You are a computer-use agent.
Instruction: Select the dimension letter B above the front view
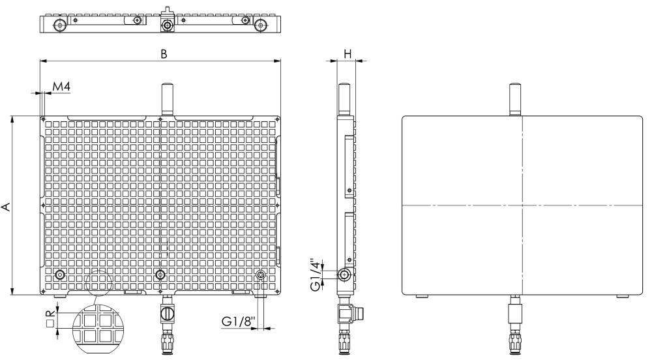click(x=164, y=54)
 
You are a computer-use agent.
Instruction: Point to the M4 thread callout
click(x=61, y=87)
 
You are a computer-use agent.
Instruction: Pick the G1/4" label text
click(x=316, y=275)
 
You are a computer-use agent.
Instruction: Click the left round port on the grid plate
click(x=60, y=275)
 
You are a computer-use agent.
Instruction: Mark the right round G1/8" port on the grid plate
click(x=261, y=275)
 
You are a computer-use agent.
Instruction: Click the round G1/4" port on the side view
click(x=343, y=275)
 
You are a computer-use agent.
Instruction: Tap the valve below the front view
click(x=168, y=314)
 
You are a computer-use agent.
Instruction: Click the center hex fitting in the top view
click(x=168, y=25)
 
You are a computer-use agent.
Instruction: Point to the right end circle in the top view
click(x=261, y=25)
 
